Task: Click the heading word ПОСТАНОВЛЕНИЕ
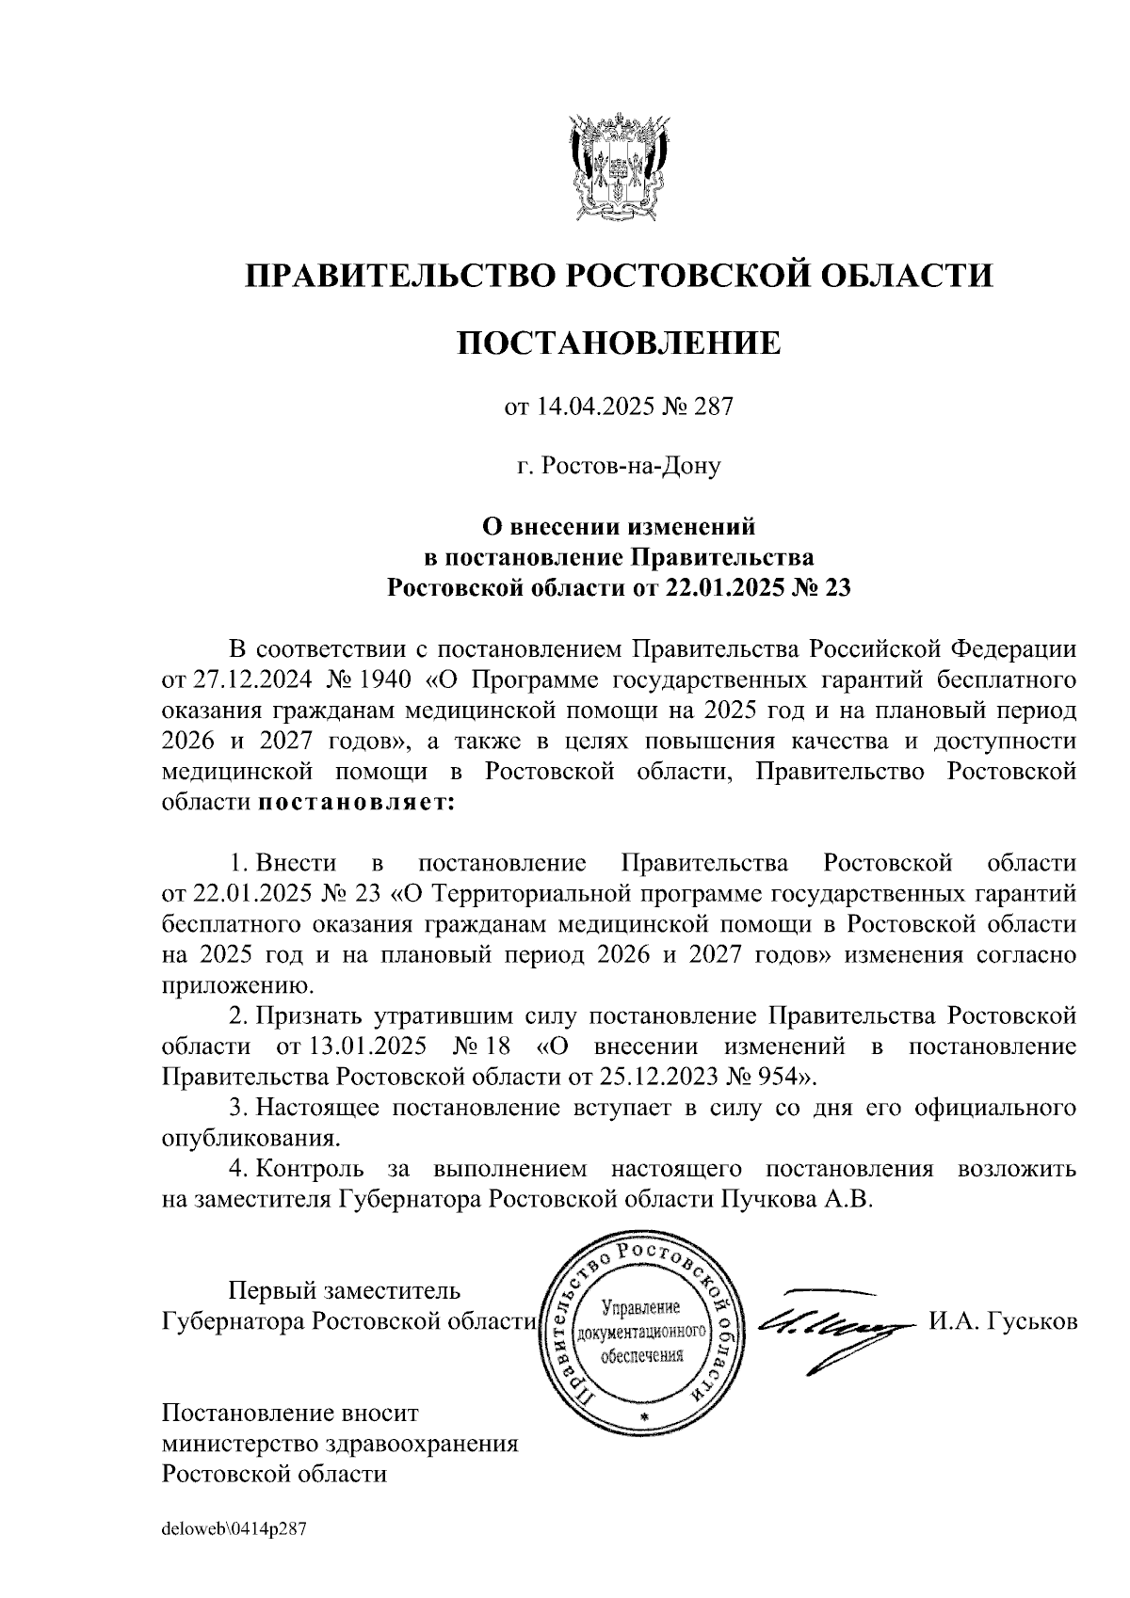619,343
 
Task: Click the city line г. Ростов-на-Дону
619,466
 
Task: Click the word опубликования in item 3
250,1137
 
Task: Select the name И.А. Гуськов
1003,1321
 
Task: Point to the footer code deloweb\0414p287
234,1531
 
